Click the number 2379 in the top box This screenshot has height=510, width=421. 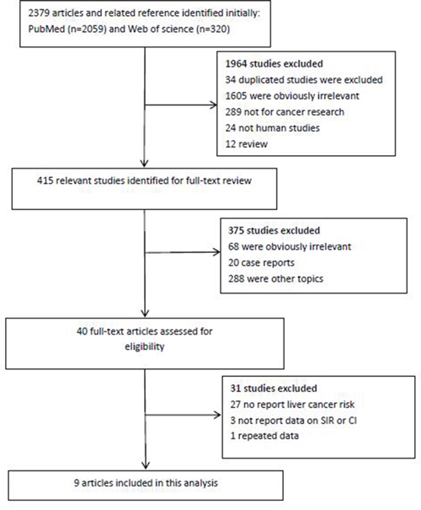(39, 13)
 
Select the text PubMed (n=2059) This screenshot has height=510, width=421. (67, 30)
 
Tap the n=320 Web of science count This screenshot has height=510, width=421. (212, 30)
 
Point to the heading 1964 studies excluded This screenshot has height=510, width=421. (274, 63)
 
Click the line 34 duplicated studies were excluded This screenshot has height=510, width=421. (304, 80)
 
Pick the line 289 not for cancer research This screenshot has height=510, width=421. (285, 112)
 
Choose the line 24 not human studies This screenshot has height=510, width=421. (273, 128)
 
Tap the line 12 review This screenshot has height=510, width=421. (247, 144)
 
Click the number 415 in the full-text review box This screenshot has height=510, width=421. (45, 180)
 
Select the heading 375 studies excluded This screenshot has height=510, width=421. (274, 231)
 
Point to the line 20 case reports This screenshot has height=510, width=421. (261, 262)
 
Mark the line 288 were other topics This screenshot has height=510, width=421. (276, 279)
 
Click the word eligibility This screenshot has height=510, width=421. (145, 346)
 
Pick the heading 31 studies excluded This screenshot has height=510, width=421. (274, 389)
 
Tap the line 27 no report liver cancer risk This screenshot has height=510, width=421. (292, 405)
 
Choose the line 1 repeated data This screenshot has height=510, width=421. (264, 436)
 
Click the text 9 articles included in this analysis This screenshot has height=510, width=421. (146, 483)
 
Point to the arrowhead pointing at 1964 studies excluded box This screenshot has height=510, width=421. (214, 105)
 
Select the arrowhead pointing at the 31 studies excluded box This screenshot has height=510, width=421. (217, 415)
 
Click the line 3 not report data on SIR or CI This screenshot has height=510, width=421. (293, 421)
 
